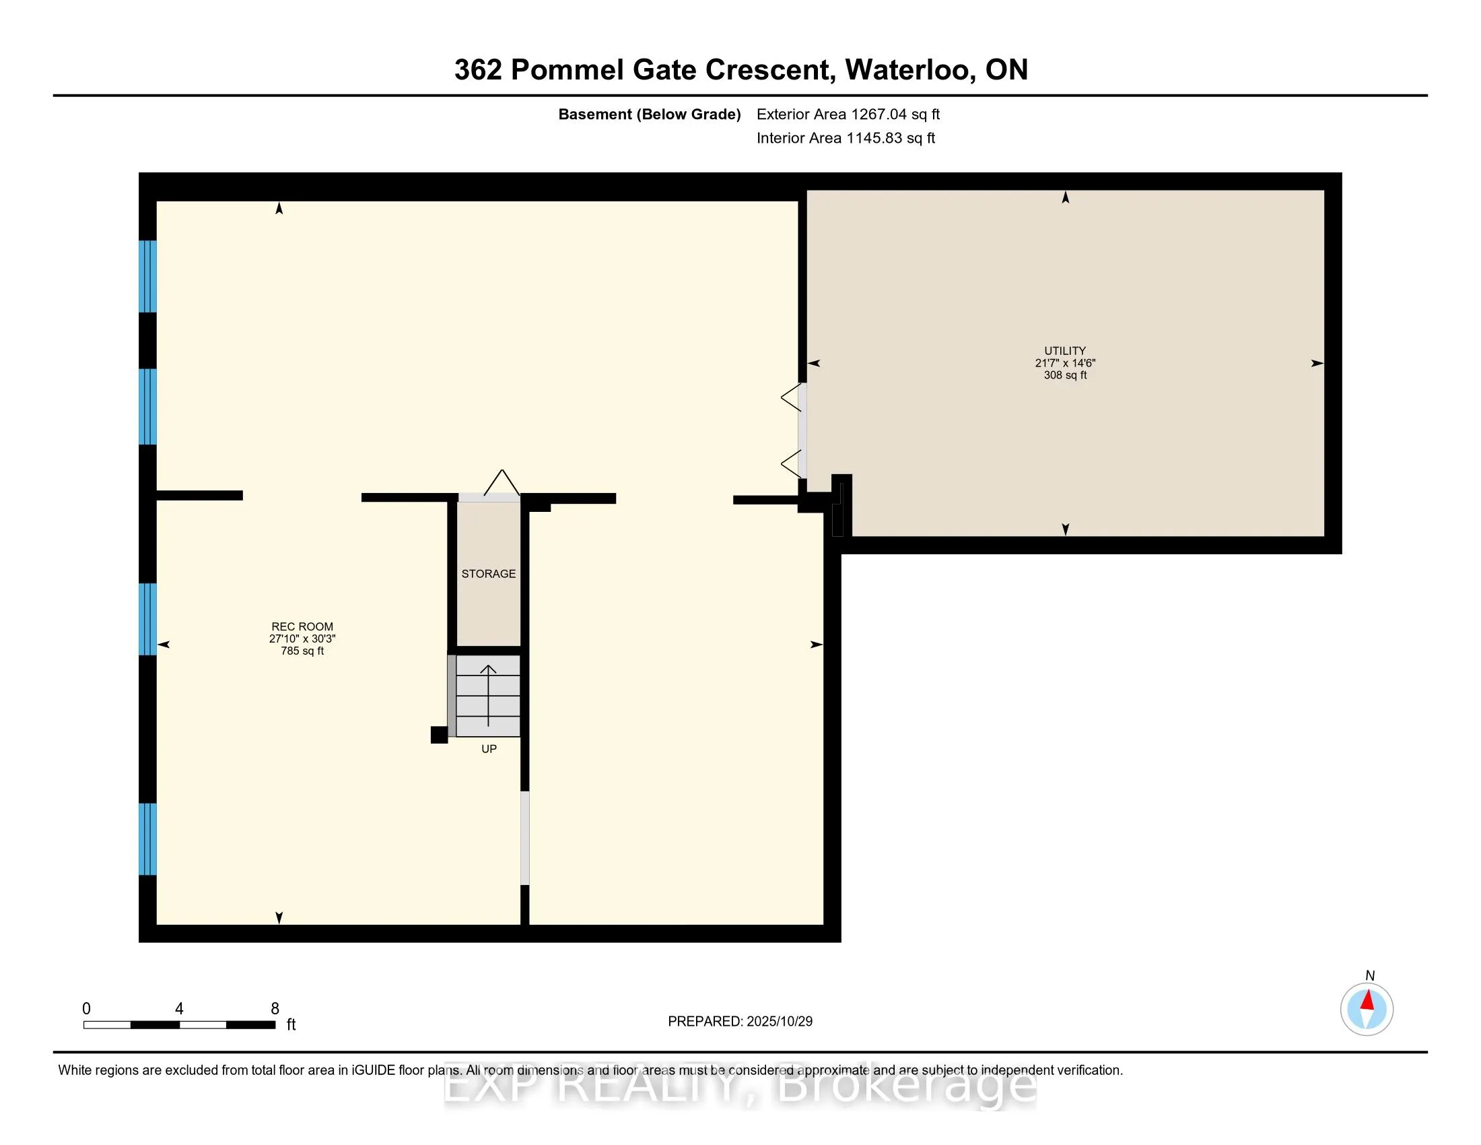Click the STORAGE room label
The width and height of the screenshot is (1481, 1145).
coord(488,574)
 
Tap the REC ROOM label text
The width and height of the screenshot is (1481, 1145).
coord(302,627)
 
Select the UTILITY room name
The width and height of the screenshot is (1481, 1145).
coord(1065,351)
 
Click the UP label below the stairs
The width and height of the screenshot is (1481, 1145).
coord(489,749)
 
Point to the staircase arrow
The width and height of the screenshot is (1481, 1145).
coord(488,695)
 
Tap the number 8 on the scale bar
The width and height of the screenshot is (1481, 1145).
coord(275,1009)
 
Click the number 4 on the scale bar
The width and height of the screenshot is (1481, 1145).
coord(179,1009)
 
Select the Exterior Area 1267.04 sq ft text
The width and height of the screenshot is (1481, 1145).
coord(848,115)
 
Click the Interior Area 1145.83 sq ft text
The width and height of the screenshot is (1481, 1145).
coord(846,138)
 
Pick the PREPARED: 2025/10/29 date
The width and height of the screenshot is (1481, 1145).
coord(740,1022)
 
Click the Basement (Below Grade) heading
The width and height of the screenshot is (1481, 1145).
coord(649,115)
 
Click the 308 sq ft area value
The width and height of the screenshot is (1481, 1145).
coord(1065,375)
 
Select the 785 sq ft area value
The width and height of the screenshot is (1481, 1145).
coord(302,651)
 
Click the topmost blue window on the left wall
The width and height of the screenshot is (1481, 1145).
coord(148,276)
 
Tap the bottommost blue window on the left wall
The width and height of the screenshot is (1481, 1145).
coord(148,839)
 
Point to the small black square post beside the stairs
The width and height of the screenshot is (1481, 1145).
coord(439,735)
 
